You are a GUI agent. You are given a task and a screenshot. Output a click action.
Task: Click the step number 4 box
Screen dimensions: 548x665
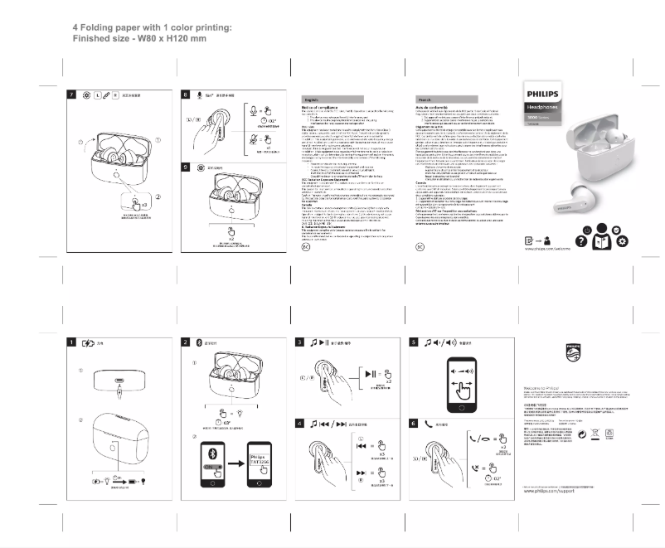point(300,424)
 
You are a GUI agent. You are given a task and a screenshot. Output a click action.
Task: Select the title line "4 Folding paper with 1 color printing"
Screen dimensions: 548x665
point(152,28)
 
